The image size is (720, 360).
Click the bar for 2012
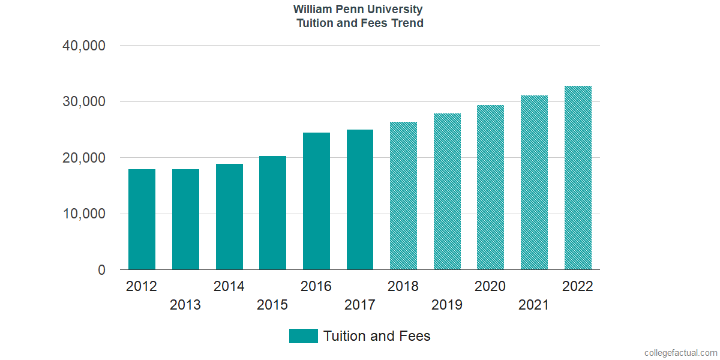142,220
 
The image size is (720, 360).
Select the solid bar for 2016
316,201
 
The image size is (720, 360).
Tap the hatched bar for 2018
403,196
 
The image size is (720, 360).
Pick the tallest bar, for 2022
578,178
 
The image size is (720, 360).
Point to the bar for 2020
490,188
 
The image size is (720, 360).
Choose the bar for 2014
229,217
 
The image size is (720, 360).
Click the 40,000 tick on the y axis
84,46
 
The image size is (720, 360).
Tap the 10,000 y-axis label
84,214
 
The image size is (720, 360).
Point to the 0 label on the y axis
101,271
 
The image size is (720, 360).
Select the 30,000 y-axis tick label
84,102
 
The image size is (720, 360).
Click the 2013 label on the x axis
185,305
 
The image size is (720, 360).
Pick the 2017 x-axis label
360,305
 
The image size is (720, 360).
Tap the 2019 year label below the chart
447,305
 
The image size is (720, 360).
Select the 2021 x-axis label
534,305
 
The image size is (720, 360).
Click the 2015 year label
272,305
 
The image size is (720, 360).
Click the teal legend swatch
303,336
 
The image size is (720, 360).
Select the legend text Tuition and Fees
377,336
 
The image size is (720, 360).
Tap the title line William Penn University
358,10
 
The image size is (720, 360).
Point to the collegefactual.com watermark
680,353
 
